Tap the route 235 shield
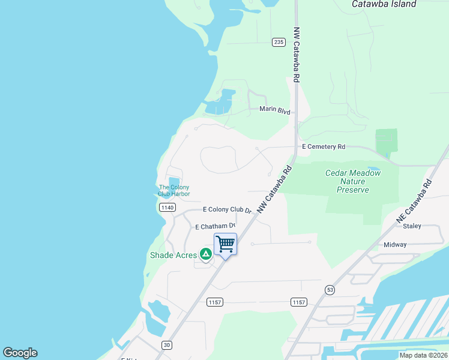(279, 42)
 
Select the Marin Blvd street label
(275, 110)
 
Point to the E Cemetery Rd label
(324, 146)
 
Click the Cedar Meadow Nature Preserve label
(353, 181)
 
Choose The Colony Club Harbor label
(173, 191)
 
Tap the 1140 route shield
(167, 208)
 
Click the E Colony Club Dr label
(227, 210)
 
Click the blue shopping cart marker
(225, 244)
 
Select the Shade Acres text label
(173, 255)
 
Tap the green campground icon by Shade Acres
(205, 254)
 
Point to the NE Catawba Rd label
(414, 202)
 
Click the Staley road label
(412, 226)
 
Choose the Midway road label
(395, 245)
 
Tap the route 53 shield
(330, 290)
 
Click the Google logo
(20, 353)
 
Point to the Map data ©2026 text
(423, 355)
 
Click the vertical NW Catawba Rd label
(296, 54)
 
